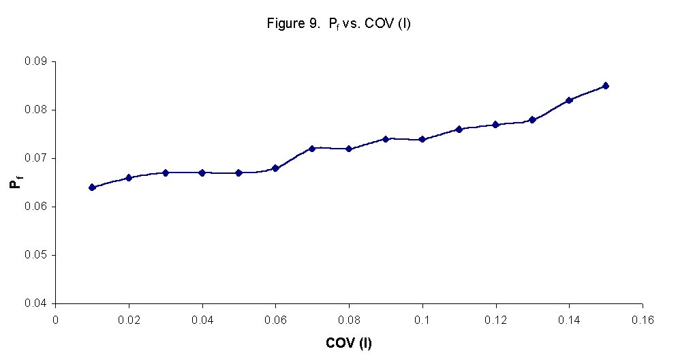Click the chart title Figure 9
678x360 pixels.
point(338,24)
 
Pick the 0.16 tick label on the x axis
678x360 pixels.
point(643,318)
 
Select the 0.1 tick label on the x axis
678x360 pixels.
point(422,318)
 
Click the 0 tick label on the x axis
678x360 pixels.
point(55,318)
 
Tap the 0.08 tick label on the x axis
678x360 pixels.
point(349,318)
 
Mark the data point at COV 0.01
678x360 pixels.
point(92,187)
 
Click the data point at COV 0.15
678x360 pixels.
point(606,86)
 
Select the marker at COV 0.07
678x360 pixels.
point(312,149)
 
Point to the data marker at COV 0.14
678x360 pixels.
point(569,100)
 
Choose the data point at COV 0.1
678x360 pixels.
point(422,139)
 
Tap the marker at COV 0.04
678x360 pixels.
point(202,172)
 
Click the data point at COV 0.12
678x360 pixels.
point(495,125)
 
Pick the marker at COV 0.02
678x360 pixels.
point(129,178)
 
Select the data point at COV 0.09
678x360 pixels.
point(386,139)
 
